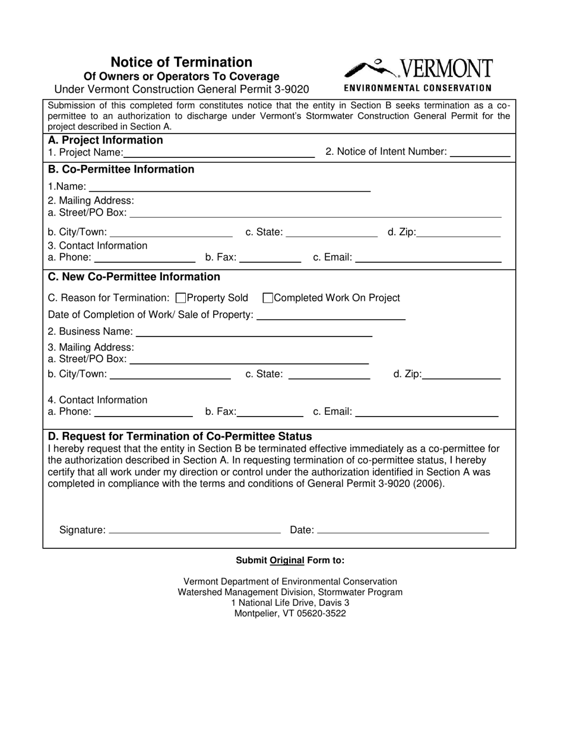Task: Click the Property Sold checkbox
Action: point(182,298)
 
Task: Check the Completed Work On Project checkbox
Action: point(268,298)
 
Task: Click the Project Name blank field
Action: point(219,153)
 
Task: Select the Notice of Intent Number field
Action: point(480,152)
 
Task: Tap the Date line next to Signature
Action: point(403,529)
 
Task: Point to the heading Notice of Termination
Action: point(181,62)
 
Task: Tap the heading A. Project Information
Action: point(105,140)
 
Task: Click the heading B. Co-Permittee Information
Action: point(121,170)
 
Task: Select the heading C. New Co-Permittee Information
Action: point(134,277)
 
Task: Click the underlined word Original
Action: point(287,560)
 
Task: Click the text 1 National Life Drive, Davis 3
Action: point(290,603)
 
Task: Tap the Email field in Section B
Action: point(428,259)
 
